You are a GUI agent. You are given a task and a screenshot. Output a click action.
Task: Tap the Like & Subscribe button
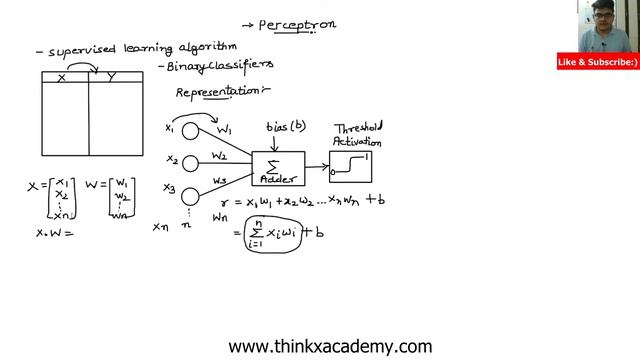pos(598,63)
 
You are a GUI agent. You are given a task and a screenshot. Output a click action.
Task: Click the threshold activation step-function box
pos(356,163)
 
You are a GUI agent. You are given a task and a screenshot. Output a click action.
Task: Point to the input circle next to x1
pos(191,132)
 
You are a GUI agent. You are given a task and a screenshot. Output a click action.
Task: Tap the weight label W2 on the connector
pos(220,157)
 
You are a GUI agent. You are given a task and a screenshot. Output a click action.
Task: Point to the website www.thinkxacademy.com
pos(330,347)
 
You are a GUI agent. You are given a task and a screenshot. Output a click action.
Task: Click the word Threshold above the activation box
pos(360,129)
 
